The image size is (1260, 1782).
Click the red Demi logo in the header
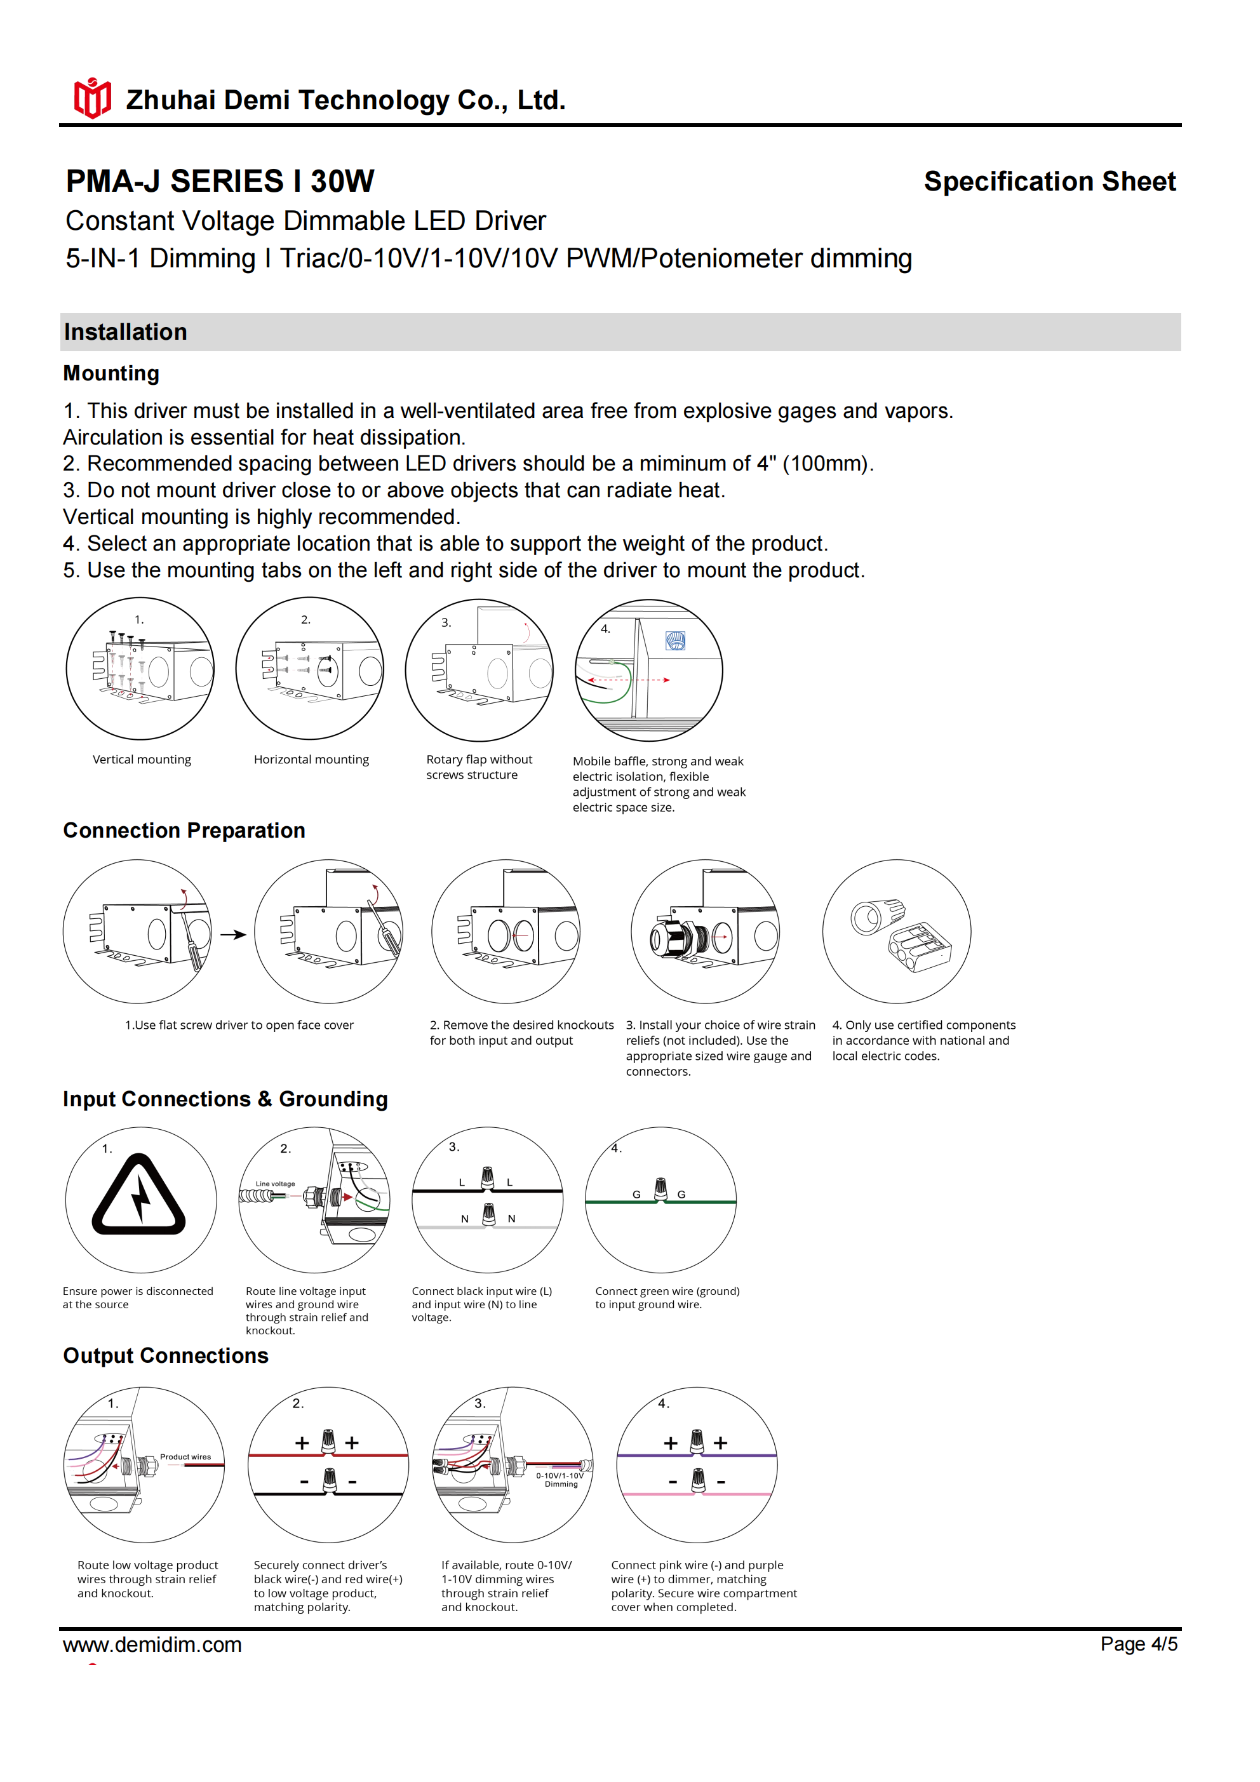point(92,98)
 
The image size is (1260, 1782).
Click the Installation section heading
point(125,332)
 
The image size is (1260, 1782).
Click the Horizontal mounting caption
point(311,759)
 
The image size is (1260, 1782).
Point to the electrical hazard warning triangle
point(139,1196)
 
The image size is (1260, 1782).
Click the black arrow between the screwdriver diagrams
point(233,934)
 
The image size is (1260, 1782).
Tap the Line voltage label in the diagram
point(275,1184)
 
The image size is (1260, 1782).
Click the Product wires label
point(185,1457)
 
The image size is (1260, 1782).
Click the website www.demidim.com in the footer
point(152,1645)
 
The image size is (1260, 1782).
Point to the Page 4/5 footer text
point(1138,1644)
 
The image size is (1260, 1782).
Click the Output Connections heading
point(165,1355)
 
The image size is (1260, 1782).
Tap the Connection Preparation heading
point(184,831)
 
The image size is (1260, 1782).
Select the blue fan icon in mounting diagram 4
point(676,640)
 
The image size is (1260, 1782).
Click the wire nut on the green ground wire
point(660,1188)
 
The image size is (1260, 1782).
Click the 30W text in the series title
point(342,182)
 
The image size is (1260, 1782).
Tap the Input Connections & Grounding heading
point(225,1099)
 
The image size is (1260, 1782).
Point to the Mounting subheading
point(111,373)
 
